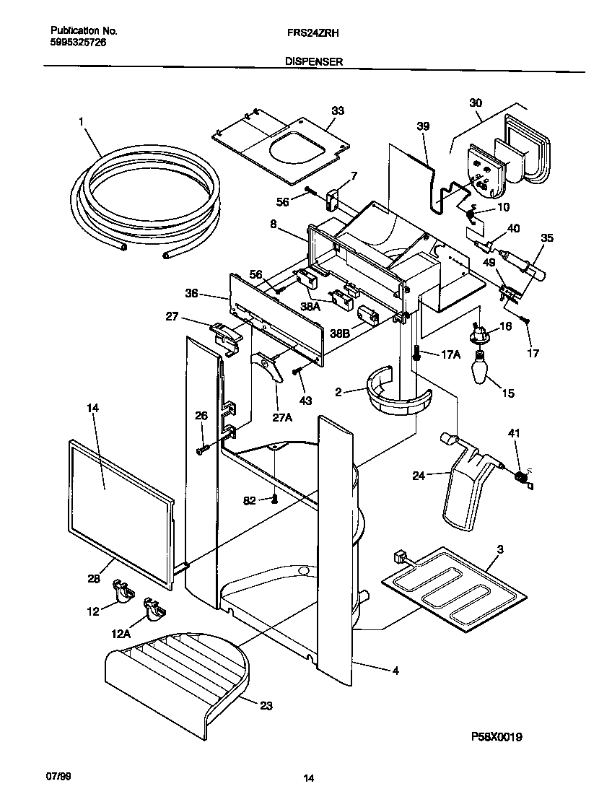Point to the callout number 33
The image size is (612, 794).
click(337, 110)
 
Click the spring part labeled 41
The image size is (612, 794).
click(521, 476)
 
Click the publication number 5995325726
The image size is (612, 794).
click(78, 43)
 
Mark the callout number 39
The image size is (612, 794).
click(423, 126)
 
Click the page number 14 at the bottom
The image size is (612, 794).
click(308, 778)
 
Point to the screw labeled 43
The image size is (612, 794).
click(297, 372)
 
